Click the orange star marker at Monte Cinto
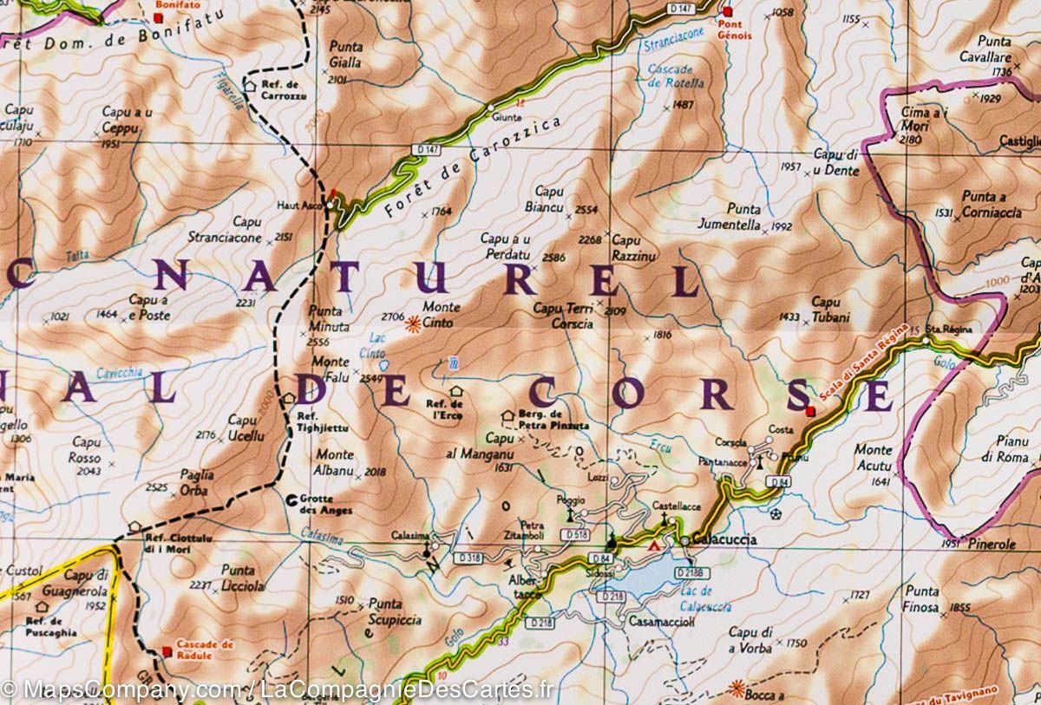(x=414, y=323)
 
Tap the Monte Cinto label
(x=441, y=314)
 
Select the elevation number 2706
(x=392, y=317)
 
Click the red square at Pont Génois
(x=727, y=12)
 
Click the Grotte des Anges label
(x=325, y=505)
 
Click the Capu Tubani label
(x=826, y=310)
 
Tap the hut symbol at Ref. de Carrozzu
(x=248, y=85)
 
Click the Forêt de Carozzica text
(x=468, y=168)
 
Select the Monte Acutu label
(x=872, y=457)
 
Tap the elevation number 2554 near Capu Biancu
(x=586, y=210)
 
